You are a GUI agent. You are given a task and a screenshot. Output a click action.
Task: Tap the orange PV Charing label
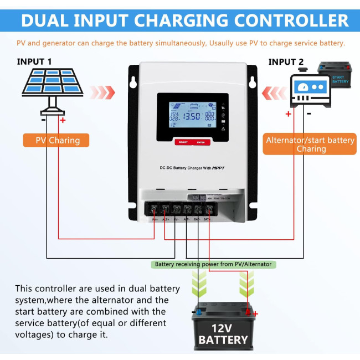[58, 140]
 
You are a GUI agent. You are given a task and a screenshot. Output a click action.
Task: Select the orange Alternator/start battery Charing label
[311, 144]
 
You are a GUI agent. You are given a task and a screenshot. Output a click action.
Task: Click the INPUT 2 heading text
[286, 62]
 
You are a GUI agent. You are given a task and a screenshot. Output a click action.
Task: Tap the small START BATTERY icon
[333, 75]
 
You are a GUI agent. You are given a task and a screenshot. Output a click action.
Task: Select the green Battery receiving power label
[213, 264]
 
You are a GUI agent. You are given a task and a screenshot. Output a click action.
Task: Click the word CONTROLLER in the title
[288, 21]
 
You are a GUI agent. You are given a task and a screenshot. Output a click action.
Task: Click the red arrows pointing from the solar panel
[103, 91]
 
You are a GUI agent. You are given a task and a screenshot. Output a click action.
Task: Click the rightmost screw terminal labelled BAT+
[208, 209]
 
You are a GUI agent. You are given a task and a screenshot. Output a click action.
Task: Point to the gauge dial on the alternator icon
[302, 88]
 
